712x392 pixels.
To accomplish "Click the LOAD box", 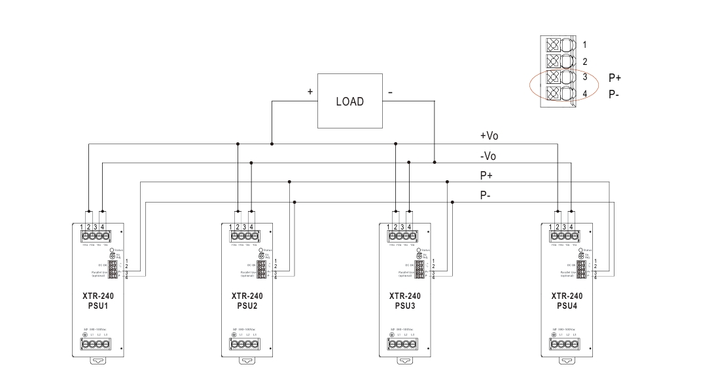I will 349,102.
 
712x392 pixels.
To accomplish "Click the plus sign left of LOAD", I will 310,92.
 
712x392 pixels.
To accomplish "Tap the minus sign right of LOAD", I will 390,92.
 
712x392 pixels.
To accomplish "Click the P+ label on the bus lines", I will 486,175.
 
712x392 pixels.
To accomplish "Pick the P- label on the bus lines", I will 486,195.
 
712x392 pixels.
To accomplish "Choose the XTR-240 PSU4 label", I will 567,300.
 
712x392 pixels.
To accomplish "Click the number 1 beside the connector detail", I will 584,45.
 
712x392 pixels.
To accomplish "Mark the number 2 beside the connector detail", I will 584,61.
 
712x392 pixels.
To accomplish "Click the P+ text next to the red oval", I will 614,77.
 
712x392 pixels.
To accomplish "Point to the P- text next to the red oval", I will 614,94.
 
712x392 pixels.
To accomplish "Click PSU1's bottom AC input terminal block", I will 94,343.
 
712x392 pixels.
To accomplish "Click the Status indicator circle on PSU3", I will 419,250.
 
